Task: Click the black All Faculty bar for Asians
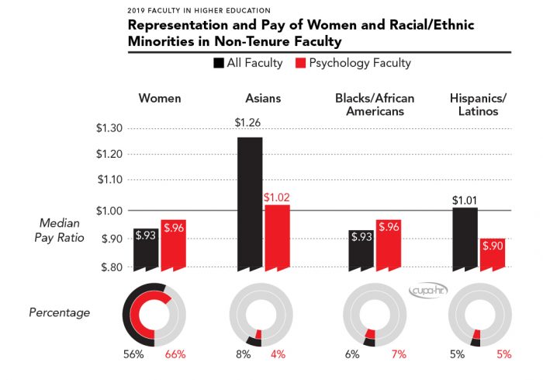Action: [251, 204]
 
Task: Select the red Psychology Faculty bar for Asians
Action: [277, 237]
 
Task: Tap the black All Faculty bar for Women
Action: [145, 249]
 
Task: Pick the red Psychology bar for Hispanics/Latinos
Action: [493, 254]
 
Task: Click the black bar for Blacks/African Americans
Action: [361, 249]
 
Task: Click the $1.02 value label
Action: [277, 197]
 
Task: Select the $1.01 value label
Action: [465, 201]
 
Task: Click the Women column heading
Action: [160, 98]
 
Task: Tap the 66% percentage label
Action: [175, 354]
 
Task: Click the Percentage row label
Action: [60, 312]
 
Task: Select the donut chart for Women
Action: [155, 314]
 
